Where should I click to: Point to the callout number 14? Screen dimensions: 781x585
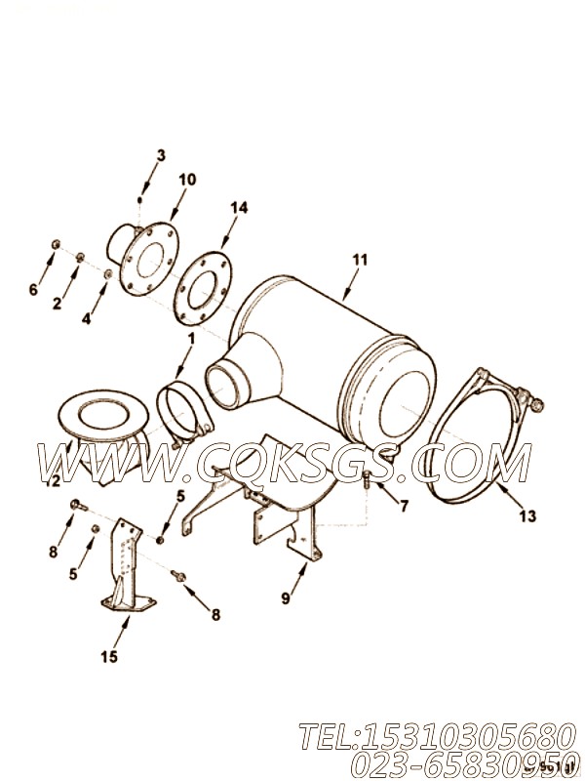pos(239,207)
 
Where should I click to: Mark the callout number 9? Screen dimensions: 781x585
pos(285,599)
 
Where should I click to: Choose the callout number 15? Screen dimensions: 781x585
pos(110,657)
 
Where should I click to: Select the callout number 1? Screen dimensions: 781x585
pos(191,339)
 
